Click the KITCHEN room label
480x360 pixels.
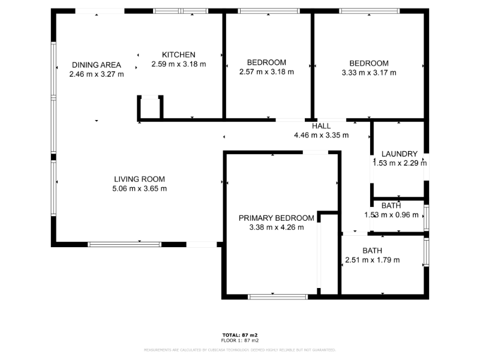point(178,55)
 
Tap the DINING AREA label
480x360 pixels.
point(97,65)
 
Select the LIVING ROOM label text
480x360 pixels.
point(139,179)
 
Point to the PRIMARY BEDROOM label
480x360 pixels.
point(276,218)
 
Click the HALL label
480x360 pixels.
point(321,126)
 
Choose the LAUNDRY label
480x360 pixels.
point(399,154)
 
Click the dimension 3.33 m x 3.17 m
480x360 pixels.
point(369,73)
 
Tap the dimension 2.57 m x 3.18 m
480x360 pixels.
point(266,72)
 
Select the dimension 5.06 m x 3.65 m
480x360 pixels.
point(139,188)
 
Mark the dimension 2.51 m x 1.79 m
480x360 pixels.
point(372,260)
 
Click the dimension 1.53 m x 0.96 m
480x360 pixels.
point(391,215)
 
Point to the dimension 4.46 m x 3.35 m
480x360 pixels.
point(321,136)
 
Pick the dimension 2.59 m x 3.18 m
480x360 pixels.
point(178,64)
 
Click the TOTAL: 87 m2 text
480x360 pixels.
point(239,335)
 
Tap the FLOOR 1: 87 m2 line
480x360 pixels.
point(239,340)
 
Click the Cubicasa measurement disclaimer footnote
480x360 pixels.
point(239,349)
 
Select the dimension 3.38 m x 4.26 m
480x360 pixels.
point(276,227)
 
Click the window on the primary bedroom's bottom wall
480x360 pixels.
point(278,296)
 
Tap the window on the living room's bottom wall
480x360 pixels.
point(124,244)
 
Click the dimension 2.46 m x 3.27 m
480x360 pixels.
point(97,74)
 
